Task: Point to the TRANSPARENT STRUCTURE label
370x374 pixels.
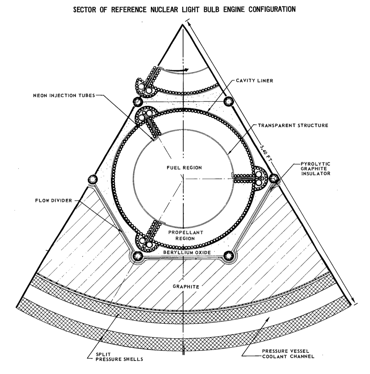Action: click(x=293, y=126)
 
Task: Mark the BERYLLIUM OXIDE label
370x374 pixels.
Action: click(x=184, y=253)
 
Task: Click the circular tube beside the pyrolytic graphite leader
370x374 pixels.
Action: click(x=273, y=178)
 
